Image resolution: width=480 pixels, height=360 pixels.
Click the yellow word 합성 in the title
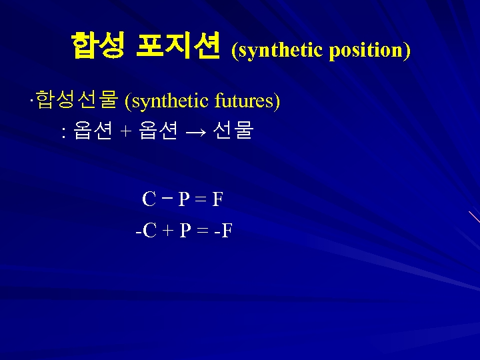[97, 46]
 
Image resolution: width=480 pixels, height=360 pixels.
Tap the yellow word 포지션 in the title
[177, 46]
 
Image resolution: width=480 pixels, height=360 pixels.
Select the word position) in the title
[369, 50]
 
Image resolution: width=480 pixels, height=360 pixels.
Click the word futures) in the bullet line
[247, 101]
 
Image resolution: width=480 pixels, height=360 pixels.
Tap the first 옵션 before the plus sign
[93, 131]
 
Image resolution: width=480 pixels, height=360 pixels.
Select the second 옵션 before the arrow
[159, 131]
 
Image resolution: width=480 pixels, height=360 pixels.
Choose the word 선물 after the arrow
[233, 131]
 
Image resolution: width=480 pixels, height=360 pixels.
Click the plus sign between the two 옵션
[126, 132]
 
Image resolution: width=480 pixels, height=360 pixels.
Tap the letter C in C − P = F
[149, 199]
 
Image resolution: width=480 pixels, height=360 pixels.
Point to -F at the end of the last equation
[223, 231]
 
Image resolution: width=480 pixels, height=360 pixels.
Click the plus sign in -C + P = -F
[167, 231]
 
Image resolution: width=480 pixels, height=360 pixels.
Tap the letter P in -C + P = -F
[185, 231]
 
